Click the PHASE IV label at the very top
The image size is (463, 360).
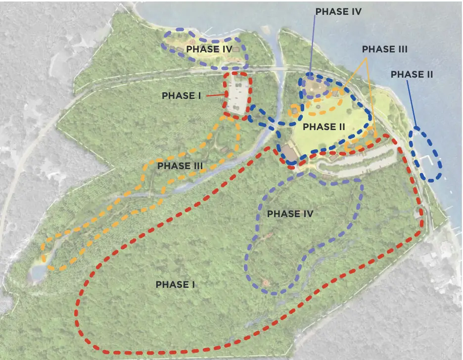[x=339, y=11]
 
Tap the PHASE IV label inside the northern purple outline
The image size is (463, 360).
[x=209, y=49]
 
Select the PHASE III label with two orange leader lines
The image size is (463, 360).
[x=384, y=49]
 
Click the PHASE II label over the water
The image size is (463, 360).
[x=412, y=74]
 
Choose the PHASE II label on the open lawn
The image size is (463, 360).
[x=324, y=127]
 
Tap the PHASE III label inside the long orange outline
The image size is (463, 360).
[x=181, y=166]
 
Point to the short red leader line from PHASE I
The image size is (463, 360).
[x=215, y=95]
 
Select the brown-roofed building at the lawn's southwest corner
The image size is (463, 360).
[x=289, y=151]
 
